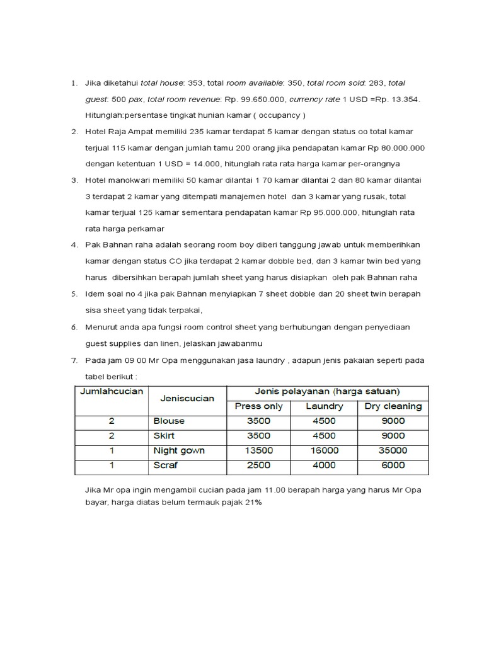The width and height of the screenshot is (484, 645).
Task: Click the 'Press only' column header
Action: click(x=258, y=406)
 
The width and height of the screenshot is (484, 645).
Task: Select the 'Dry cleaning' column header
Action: click(x=393, y=406)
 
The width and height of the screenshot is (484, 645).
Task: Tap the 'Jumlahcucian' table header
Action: click(x=112, y=391)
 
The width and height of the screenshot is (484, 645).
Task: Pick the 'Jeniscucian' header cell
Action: click(x=187, y=398)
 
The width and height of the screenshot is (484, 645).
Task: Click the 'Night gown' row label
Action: click(x=179, y=451)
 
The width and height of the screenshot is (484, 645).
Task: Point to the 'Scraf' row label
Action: click(x=166, y=465)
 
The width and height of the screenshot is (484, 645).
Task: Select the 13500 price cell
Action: click(x=258, y=451)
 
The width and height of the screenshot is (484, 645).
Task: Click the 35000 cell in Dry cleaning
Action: click(x=393, y=451)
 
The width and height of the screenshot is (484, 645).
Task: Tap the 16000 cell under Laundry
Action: click(x=325, y=451)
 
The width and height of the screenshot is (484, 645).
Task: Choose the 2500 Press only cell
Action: click(x=258, y=465)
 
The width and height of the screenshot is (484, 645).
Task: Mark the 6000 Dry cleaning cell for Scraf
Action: click(x=393, y=465)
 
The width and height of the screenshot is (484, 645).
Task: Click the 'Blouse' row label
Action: click(x=169, y=421)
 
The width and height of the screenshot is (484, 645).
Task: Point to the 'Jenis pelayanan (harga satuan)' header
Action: click(x=327, y=391)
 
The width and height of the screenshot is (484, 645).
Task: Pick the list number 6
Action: click(x=74, y=327)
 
